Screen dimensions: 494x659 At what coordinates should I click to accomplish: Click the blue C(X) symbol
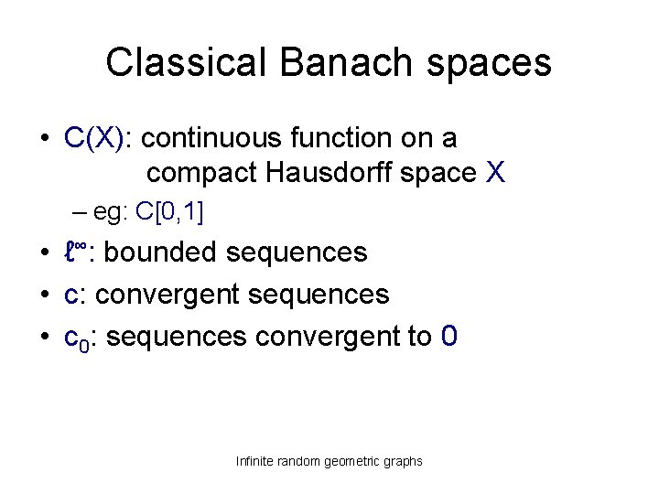coord(98,139)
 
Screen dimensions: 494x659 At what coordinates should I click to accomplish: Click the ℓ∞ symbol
coord(75,252)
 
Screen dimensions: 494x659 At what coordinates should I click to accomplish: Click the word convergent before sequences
coord(160,295)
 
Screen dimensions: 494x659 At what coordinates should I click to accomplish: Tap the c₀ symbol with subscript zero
coord(75,338)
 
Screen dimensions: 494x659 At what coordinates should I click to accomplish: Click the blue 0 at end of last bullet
coord(448,337)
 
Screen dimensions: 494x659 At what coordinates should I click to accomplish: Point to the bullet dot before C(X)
coord(44,140)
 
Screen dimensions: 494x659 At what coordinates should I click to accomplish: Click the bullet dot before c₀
coord(44,338)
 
